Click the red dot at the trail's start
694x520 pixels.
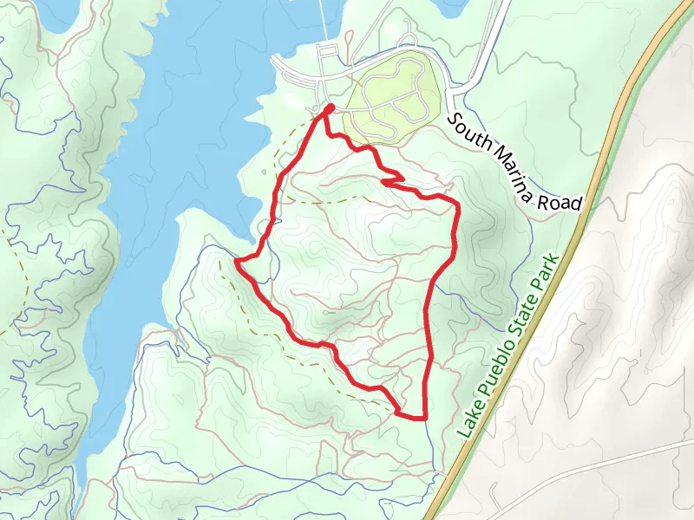click(x=330, y=108)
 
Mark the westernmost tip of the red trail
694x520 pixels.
click(x=237, y=259)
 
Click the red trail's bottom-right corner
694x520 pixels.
click(x=426, y=418)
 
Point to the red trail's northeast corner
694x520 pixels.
click(x=455, y=204)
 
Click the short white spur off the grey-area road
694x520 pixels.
click(x=494, y=498)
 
